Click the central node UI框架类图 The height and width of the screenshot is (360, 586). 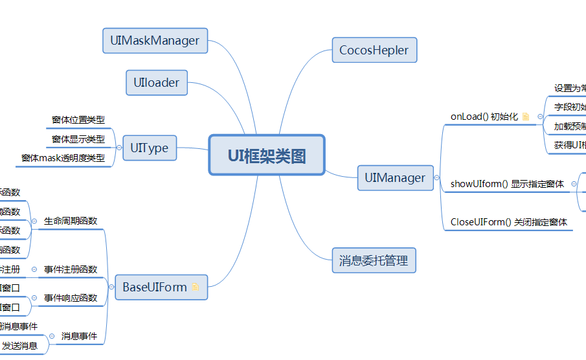click(266, 155)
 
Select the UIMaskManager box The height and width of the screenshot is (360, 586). click(155, 41)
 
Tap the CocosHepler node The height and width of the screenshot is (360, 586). click(374, 51)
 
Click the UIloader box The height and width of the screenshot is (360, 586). click(156, 83)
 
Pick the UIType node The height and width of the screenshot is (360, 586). click(149, 148)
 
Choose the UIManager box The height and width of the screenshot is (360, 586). click(395, 177)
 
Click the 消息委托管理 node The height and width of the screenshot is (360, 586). click(374, 261)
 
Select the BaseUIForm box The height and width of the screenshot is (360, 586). click(155, 287)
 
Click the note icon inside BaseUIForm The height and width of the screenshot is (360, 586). click(196, 287)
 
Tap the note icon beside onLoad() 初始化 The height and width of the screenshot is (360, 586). click(526, 117)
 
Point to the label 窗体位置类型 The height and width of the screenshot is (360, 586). click(78, 120)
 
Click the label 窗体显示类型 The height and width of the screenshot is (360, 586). click(78, 139)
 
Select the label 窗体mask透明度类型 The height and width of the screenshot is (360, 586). click(63, 158)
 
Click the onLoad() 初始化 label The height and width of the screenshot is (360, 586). click(484, 117)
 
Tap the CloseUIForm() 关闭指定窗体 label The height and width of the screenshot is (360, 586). click(508, 222)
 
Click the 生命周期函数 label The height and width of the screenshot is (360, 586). click(71, 221)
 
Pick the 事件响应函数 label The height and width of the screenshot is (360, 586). click(71, 298)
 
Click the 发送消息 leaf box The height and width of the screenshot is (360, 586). click(19, 346)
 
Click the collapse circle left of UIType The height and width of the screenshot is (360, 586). click(118, 148)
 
